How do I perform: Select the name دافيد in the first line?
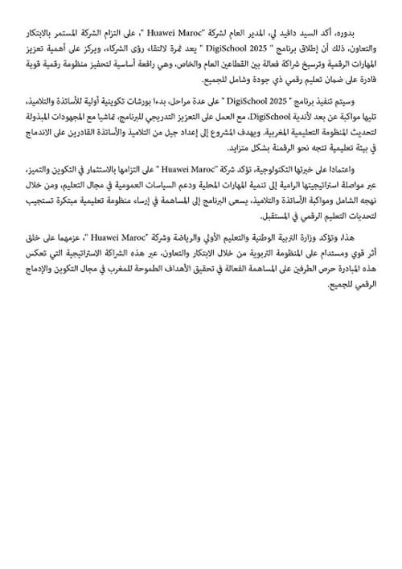[295, 35]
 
